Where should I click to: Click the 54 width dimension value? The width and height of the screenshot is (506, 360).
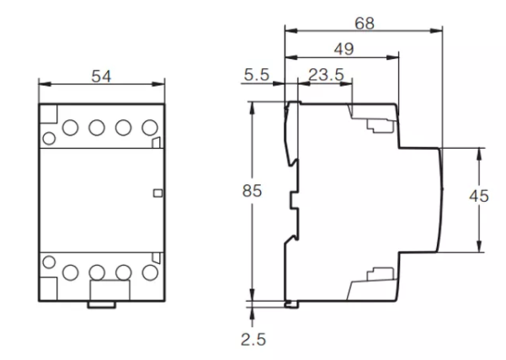pyautogui.click(x=101, y=77)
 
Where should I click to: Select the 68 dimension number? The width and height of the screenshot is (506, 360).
pyautogui.click(x=364, y=23)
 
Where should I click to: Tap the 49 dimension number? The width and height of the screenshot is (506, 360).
pyautogui.click(x=344, y=50)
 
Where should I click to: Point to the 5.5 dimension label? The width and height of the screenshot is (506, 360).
pyautogui.click(x=256, y=76)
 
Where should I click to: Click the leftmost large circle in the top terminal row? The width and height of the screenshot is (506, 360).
pyautogui.click(x=70, y=128)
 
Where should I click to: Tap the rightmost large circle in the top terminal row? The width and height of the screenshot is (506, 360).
pyautogui.click(x=150, y=128)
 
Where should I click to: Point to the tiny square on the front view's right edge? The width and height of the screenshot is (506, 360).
pyautogui.click(x=157, y=193)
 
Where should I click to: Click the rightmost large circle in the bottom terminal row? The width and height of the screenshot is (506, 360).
pyautogui.click(x=150, y=272)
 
